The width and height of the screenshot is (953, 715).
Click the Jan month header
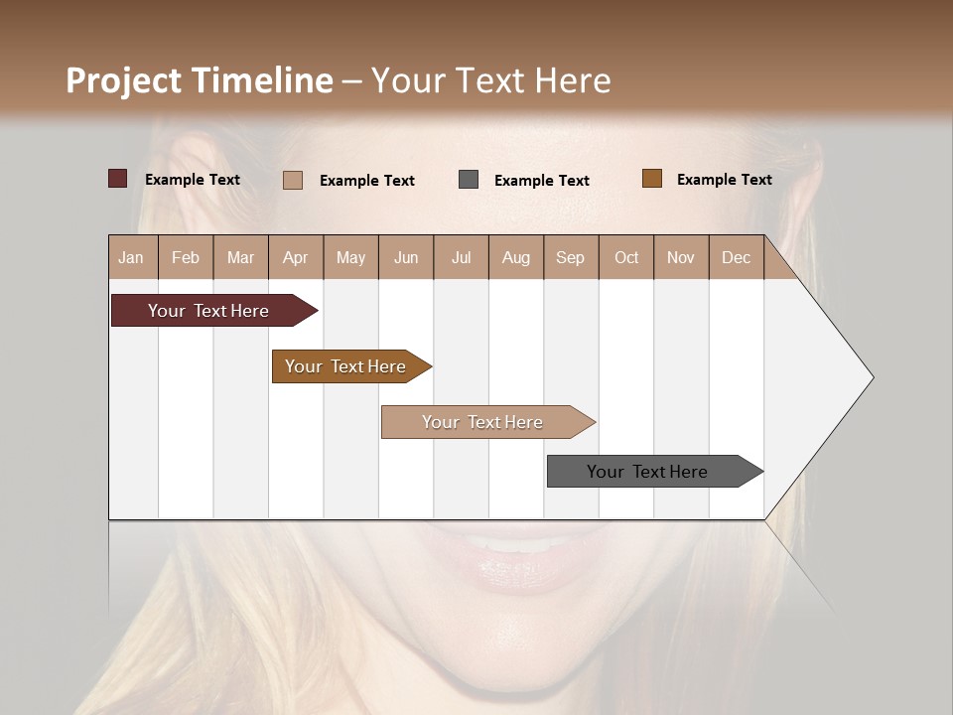(131, 257)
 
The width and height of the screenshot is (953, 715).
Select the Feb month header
(186, 257)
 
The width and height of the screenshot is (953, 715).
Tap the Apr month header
(295, 257)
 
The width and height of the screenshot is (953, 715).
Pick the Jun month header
(406, 257)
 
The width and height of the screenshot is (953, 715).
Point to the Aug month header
(515, 257)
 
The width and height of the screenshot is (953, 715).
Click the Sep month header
(570, 257)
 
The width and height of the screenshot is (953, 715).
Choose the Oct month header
(626, 257)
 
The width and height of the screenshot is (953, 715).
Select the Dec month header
(736, 257)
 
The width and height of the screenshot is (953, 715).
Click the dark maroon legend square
(118, 179)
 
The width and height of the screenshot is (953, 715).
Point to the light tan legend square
(293, 180)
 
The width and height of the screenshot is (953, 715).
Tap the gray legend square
(469, 179)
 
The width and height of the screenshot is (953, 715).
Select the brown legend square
(651, 179)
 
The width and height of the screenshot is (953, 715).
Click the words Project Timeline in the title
(199, 80)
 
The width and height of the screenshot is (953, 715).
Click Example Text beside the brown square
(724, 180)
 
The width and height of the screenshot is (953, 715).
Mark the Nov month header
(680, 257)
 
